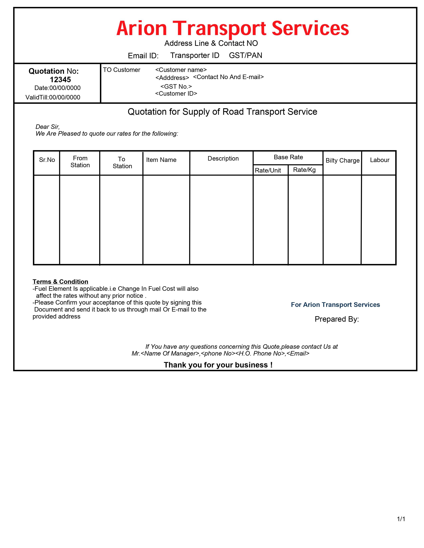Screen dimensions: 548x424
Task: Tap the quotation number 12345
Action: tap(60, 80)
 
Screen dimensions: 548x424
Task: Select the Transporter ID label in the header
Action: tap(195, 55)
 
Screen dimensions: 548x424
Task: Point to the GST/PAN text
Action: tap(245, 55)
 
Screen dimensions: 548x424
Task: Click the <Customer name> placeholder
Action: tap(181, 70)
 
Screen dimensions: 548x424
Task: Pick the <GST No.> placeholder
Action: tap(176, 87)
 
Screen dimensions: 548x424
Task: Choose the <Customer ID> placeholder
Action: tap(176, 94)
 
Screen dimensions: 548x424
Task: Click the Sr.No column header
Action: tap(47, 160)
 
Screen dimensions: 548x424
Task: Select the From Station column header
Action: tap(80, 162)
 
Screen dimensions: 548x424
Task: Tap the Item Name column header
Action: tap(161, 160)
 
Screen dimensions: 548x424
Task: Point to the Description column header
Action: tap(223, 159)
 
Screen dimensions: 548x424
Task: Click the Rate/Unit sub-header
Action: tap(268, 170)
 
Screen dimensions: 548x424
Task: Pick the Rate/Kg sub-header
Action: tap(304, 170)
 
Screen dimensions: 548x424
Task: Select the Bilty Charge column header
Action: tap(342, 160)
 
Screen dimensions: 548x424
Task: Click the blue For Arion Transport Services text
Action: tap(335, 305)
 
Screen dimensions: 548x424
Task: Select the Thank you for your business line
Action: tap(218, 365)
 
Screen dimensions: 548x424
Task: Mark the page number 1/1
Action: tap(401, 519)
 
